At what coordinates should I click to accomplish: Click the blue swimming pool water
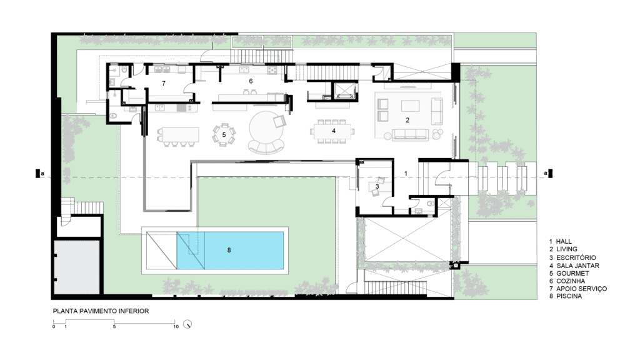click(230, 250)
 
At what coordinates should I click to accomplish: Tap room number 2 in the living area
click(407, 120)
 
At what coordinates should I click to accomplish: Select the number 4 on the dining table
click(334, 131)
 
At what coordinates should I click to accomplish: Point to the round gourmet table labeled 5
click(224, 135)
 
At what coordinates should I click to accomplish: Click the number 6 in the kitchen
click(251, 81)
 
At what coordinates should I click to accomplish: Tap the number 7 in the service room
click(164, 83)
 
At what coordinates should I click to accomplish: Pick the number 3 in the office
click(377, 186)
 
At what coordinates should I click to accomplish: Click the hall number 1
click(406, 174)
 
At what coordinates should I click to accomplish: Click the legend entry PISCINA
click(569, 296)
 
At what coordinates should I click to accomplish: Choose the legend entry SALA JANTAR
click(577, 266)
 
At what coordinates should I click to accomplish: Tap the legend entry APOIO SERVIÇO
click(581, 289)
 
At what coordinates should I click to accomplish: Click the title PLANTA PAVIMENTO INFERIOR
click(101, 311)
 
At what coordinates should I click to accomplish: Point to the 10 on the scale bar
click(176, 326)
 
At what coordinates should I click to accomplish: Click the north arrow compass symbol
click(187, 324)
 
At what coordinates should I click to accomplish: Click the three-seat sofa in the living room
click(410, 135)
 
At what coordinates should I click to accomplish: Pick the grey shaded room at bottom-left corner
click(77, 267)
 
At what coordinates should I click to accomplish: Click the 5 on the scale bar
click(114, 326)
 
